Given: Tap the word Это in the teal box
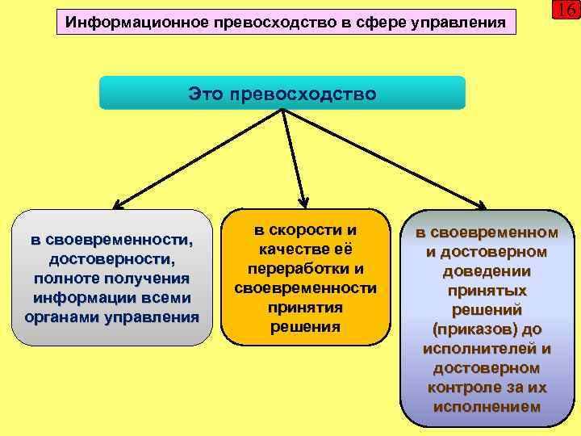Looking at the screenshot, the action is tap(207, 94).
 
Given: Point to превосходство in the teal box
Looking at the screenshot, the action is tap(303, 94).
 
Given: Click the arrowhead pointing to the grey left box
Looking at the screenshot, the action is tap(116, 206).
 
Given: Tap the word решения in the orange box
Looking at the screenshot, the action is tap(305, 327).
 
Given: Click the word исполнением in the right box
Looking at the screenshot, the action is tap(486, 407).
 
